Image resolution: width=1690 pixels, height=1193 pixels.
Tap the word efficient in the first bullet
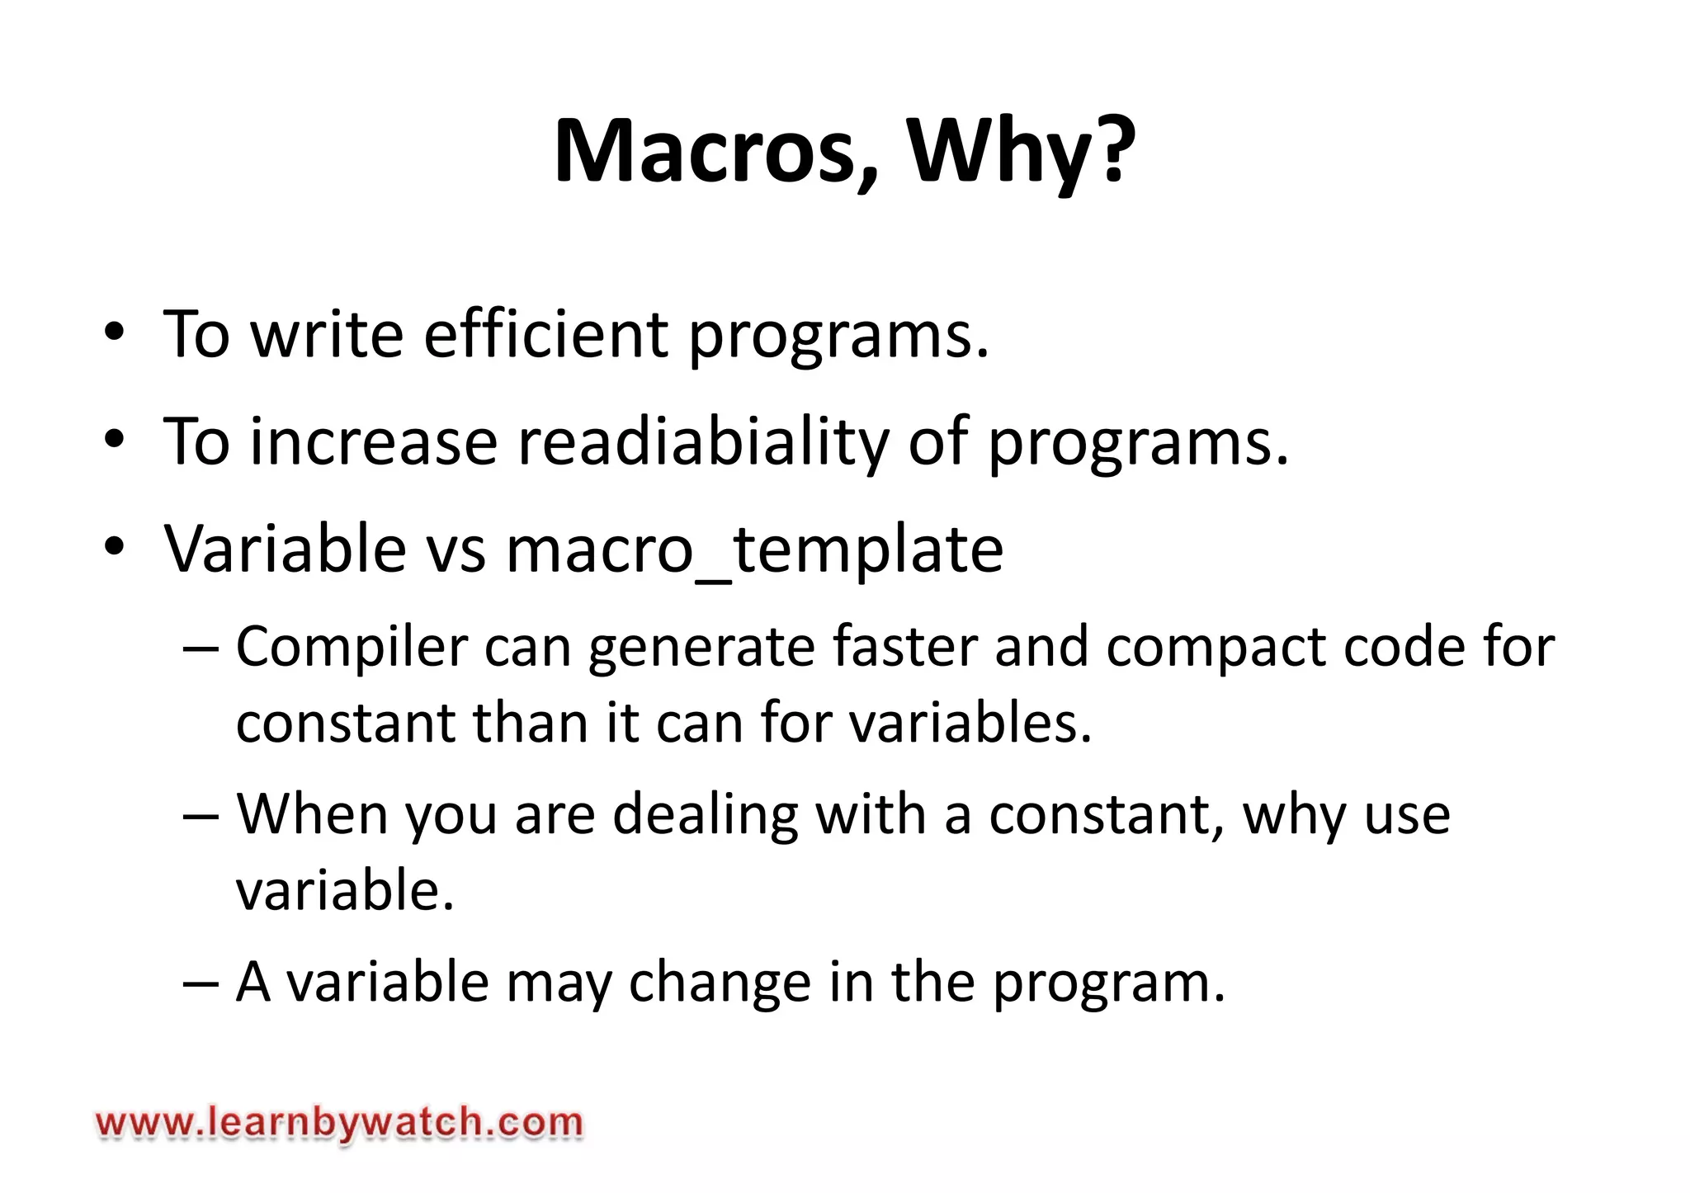click(545, 334)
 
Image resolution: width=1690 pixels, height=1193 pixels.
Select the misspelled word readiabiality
click(703, 442)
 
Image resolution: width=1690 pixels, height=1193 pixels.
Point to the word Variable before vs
click(285, 549)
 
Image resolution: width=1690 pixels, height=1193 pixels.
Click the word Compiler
click(352, 647)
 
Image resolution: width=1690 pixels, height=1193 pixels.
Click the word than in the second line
click(531, 723)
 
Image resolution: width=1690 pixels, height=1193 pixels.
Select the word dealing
click(705, 815)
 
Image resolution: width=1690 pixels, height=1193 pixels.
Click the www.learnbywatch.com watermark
click(339, 1123)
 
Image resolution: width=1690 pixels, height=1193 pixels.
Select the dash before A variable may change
click(201, 983)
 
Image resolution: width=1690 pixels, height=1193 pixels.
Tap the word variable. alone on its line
click(345, 891)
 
